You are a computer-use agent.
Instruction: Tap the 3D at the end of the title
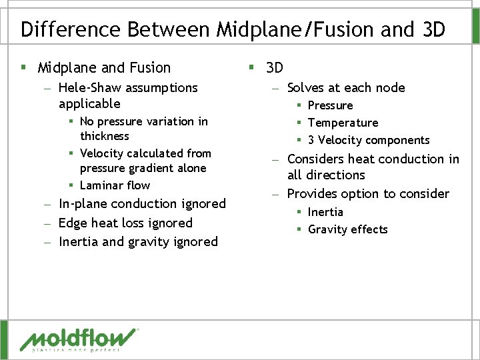[433, 30]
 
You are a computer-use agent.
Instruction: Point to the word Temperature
[343, 123]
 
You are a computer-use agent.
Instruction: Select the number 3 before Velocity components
[311, 140]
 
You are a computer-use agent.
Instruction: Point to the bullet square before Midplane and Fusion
[23, 68]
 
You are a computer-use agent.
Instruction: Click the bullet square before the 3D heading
[251, 68]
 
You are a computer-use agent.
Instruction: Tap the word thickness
[105, 136]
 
